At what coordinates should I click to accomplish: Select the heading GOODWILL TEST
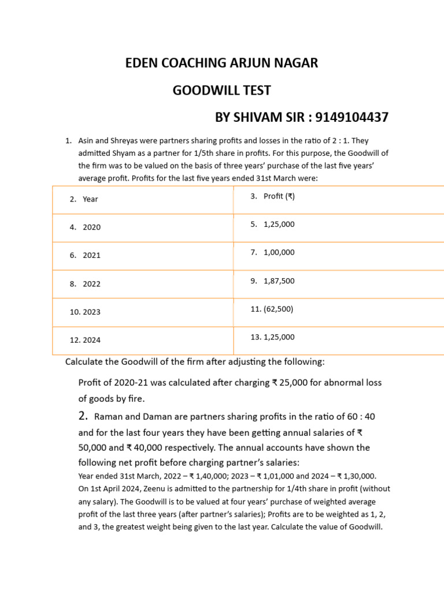click(x=222, y=91)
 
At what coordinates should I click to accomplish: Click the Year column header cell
click(x=90, y=199)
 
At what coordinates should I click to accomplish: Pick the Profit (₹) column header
click(x=279, y=196)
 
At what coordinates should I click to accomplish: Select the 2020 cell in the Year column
click(x=91, y=227)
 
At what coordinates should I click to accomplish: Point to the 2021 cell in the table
click(x=91, y=255)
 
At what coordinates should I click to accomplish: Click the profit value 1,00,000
click(x=279, y=252)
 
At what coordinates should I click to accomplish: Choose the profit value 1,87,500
click(x=279, y=281)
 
